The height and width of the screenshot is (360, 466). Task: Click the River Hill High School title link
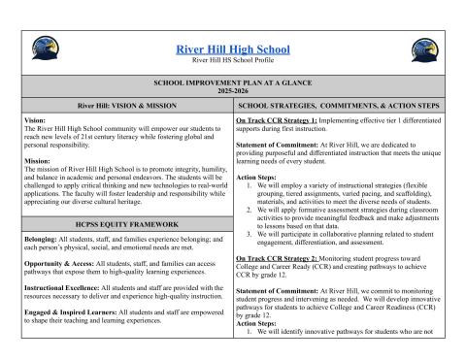tap(233, 49)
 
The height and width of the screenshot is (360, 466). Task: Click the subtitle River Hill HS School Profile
tap(233, 61)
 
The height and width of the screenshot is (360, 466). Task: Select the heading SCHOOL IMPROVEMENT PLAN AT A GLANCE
tap(233, 83)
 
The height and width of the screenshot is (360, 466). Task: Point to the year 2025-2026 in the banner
tap(233, 92)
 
